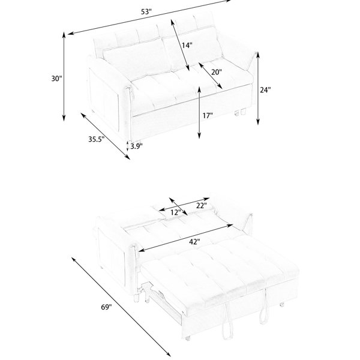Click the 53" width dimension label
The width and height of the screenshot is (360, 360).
[146, 12]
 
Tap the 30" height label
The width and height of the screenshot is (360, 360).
[56, 79]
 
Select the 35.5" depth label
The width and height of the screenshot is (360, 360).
[97, 139]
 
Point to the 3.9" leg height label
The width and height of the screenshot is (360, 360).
[136, 146]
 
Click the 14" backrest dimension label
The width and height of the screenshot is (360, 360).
[187, 45]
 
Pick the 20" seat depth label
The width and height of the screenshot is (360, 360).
[217, 72]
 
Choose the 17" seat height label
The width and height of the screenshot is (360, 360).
[208, 115]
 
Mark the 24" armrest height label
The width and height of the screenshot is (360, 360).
[265, 90]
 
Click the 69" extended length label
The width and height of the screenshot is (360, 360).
[106, 307]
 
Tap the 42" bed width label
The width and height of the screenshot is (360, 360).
[194, 242]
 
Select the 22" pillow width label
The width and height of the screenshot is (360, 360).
[202, 205]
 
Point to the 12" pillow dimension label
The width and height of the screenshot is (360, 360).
[176, 212]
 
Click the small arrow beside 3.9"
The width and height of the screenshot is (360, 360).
[128, 146]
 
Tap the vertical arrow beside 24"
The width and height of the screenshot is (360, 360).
[258, 88]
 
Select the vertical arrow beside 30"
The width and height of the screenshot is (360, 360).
[64, 77]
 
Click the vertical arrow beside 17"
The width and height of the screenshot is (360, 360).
[199, 113]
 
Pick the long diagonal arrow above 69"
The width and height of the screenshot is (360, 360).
[121, 307]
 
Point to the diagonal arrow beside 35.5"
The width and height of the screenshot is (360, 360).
[105, 136]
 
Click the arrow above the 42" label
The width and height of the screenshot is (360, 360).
[185, 238]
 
